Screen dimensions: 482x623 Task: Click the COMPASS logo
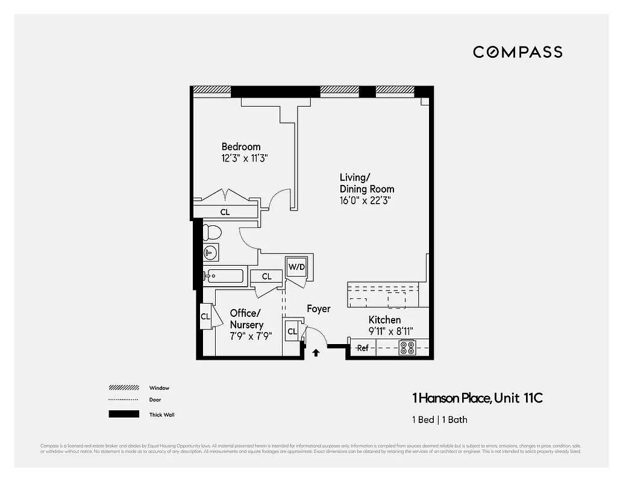pos(517,52)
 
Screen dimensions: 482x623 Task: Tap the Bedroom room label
pos(241,146)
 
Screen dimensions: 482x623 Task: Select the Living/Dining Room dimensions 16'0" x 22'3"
pos(365,201)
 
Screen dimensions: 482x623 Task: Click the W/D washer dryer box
pos(296,266)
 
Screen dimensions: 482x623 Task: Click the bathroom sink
pos(210,252)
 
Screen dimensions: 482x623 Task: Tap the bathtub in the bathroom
pos(224,277)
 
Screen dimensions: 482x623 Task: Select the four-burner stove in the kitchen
pos(408,348)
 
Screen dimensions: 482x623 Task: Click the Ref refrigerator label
pos(363,348)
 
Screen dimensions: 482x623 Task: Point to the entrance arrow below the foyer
pos(315,353)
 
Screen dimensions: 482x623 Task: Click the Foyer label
pos(318,308)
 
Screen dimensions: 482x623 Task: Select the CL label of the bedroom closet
pos(225,212)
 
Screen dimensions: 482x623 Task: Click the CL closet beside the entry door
pos(292,331)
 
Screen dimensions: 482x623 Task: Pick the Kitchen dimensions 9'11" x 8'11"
pos(390,331)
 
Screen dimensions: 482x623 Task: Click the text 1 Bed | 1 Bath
pos(439,419)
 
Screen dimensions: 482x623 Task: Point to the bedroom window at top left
pos(211,90)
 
